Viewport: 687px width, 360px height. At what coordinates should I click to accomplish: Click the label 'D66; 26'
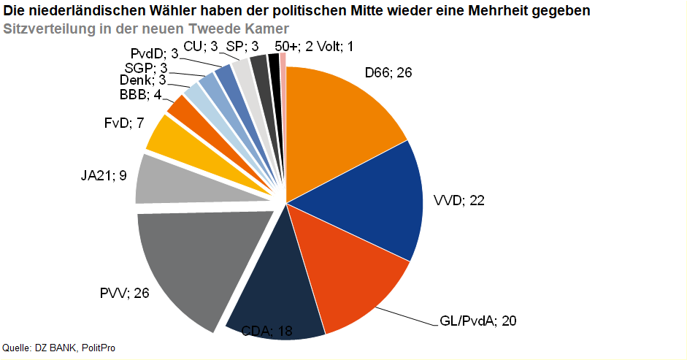click(x=389, y=73)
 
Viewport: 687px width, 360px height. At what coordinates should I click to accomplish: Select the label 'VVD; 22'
click(x=459, y=201)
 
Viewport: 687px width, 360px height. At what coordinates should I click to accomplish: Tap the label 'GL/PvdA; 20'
click(x=478, y=321)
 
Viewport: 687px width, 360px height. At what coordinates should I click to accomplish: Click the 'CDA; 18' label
click(x=266, y=332)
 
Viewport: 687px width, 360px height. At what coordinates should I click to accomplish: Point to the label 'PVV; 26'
click(x=124, y=294)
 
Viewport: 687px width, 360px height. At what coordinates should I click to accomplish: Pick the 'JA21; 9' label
click(x=104, y=175)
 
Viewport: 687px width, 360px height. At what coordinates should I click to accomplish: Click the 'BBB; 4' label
click(x=141, y=95)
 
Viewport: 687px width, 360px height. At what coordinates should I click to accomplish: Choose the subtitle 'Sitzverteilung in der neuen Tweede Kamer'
click(x=146, y=28)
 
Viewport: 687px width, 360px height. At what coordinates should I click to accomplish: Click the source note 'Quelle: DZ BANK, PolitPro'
click(x=59, y=348)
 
